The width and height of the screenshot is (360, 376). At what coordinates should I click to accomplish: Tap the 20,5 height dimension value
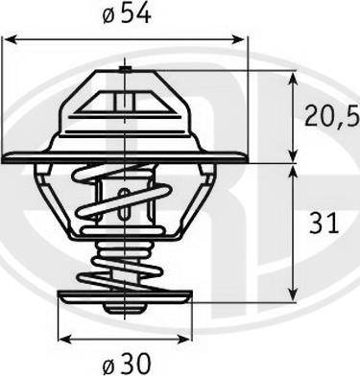[x=332, y=117]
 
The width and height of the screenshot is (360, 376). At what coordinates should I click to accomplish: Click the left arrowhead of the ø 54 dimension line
[x=8, y=39]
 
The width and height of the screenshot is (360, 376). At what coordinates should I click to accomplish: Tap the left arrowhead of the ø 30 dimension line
[x=62, y=338]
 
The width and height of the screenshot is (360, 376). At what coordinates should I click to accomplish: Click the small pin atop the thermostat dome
[x=125, y=68]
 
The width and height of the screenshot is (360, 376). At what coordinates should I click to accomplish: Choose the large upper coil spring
[x=124, y=197]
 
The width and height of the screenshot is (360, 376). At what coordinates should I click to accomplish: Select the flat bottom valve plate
[x=124, y=295]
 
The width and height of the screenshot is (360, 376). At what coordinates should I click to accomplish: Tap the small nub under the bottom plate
[x=124, y=308]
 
